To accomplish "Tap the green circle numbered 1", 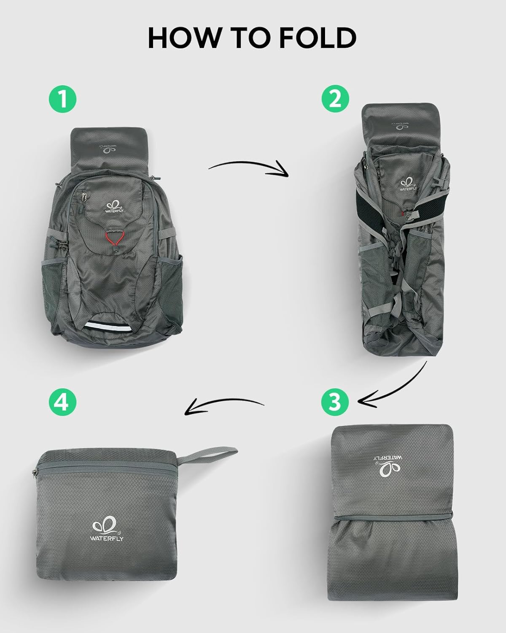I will pyautogui.click(x=62, y=100).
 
